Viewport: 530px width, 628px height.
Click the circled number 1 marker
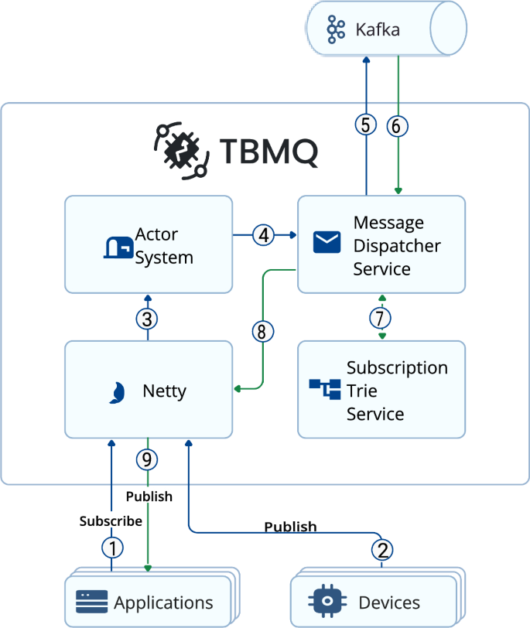(x=112, y=548)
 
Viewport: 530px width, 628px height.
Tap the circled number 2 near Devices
(x=381, y=549)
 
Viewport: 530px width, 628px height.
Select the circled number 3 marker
(x=148, y=318)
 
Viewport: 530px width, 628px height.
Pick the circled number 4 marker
(x=265, y=234)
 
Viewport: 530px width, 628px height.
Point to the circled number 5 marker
(x=366, y=125)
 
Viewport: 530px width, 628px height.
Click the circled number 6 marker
(x=397, y=125)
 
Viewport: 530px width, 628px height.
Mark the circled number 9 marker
(x=147, y=459)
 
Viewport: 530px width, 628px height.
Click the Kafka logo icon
(x=336, y=30)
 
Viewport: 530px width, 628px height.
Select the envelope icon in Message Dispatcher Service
(x=327, y=243)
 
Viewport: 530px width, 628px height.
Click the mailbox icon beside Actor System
(x=118, y=246)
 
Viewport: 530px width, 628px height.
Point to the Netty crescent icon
(x=116, y=392)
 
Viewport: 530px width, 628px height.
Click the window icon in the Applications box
(x=91, y=601)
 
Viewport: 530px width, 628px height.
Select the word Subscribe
(x=111, y=521)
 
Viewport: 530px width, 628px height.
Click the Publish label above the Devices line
(x=290, y=527)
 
